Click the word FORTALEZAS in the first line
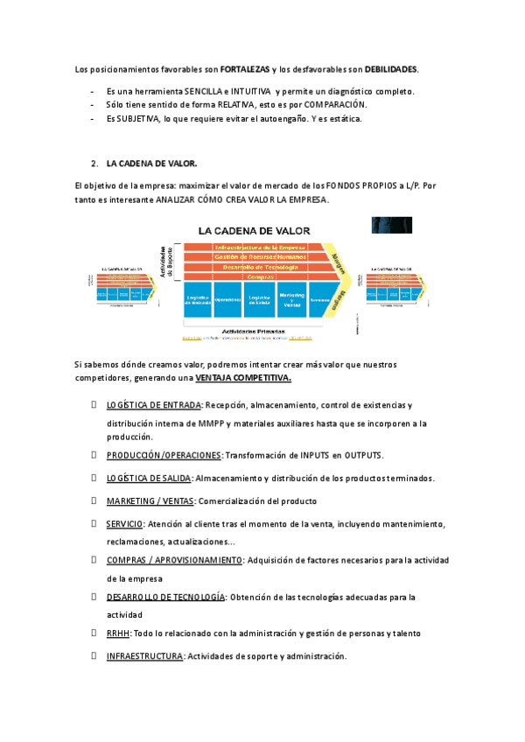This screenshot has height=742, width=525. tap(245, 68)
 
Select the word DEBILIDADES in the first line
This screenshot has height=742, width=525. tap(391, 68)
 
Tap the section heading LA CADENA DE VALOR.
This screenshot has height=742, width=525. tap(151, 164)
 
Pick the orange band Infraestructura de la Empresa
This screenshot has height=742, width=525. tap(260, 248)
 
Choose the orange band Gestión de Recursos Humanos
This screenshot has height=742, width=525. tap(260, 256)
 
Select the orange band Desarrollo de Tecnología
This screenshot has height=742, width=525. tap(260, 266)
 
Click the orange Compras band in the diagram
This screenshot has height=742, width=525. tap(260, 276)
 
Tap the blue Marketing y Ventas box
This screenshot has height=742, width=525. tap(292, 299)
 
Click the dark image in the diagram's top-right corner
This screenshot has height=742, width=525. tap(392, 225)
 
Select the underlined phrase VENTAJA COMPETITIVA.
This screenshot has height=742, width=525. tap(243, 378)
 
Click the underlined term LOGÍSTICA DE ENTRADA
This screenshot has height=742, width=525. tap(154, 406)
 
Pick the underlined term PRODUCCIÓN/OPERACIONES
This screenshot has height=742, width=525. tap(164, 456)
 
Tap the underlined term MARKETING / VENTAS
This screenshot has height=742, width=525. tap(150, 500)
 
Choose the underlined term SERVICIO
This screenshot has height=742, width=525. tap(125, 523)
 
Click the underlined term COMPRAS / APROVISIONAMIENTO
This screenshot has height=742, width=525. tap(174, 560)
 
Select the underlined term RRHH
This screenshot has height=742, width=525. tap(118, 633)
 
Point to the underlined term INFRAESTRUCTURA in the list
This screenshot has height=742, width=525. tap(144, 656)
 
